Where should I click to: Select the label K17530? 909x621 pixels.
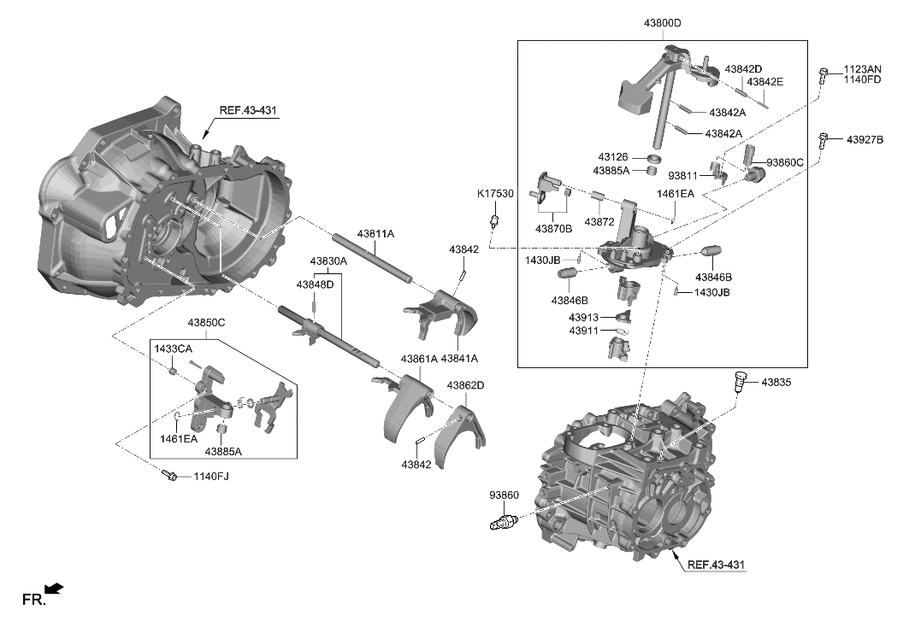click(x=495, y=195)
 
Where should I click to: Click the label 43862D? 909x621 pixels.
click(x=466, y=385)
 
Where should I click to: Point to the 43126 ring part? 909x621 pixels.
click(x=655, y=160)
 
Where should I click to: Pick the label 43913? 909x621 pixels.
click(x=585, y=317)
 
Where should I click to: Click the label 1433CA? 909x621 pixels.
click(x=174, y=349)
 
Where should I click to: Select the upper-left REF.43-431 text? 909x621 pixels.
click(x=249, y=110)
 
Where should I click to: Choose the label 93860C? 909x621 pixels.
click(x=785, y=162)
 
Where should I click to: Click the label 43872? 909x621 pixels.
click(x=599, y=221)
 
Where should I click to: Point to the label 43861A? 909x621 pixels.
click(x=419, y=359)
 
